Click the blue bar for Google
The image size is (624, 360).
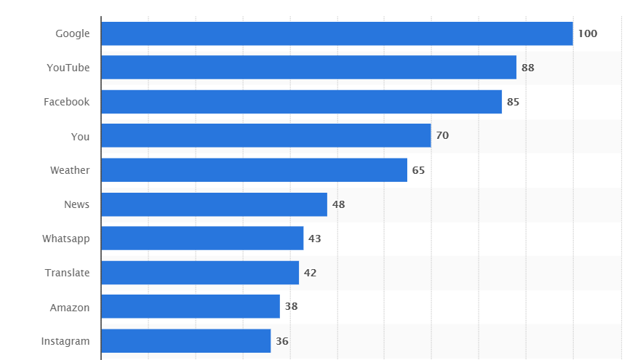pos(337,33)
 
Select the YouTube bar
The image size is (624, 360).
pos(308,68)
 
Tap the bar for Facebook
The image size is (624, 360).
pos(301,102)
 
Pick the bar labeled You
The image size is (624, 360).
pos(265,136)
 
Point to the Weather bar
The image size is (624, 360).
pos(254,170)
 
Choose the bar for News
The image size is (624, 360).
pos(214,204)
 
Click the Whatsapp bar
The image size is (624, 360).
pos(202,239)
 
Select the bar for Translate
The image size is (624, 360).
pos(200,273)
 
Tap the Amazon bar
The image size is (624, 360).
pos(191,307)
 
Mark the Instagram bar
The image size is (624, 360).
pos(185,341)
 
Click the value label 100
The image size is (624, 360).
pos(587,33)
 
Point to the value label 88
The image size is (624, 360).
pos(528,68)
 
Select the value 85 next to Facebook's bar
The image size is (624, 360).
pos(513,102)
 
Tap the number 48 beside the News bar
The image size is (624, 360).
pos(338,204)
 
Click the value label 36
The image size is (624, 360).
pos(282,341)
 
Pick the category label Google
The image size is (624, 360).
pos(73,33)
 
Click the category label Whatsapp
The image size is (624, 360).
pos(66,239)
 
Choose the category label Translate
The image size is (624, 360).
pos(68,273)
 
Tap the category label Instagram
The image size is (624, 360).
pos(65,341)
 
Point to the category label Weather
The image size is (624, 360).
pos(70,170)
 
